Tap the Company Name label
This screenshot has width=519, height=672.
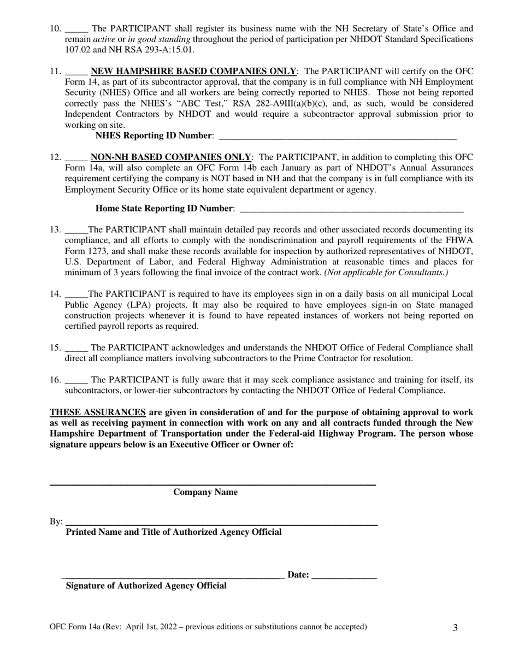point(205,492)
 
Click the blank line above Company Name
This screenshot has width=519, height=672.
point(213,484)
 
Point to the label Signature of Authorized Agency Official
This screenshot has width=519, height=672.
point(146,586)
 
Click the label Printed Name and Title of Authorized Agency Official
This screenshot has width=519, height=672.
point(174,532)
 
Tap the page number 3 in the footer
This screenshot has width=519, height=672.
point(455,628)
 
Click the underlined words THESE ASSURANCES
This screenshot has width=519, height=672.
point(98,412)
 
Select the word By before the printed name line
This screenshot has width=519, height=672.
point(56,522)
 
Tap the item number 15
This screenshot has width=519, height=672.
point(55,348)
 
